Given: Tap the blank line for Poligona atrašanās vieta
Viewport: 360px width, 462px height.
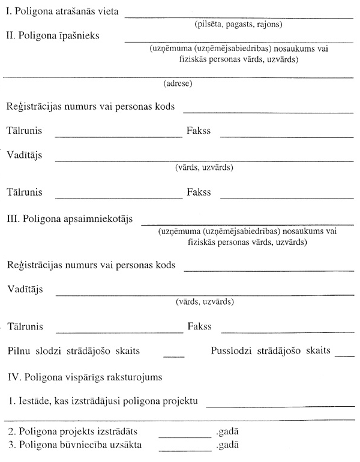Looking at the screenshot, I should click(239, 18).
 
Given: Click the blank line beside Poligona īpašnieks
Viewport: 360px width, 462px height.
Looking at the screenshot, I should click(239, 43).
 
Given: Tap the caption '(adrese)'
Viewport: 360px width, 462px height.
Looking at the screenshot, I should click(178, 84).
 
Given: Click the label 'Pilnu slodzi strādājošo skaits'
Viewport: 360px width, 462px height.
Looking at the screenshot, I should click(78, 350).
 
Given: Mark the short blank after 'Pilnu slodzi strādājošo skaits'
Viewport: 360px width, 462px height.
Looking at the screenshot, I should click(173, 356).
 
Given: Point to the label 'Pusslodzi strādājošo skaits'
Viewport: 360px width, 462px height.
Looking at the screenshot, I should click(271, 350).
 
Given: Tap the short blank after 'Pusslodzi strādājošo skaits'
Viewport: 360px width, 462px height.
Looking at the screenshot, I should click(346, 356).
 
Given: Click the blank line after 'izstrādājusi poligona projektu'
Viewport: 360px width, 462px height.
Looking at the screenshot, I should click(280, 406).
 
